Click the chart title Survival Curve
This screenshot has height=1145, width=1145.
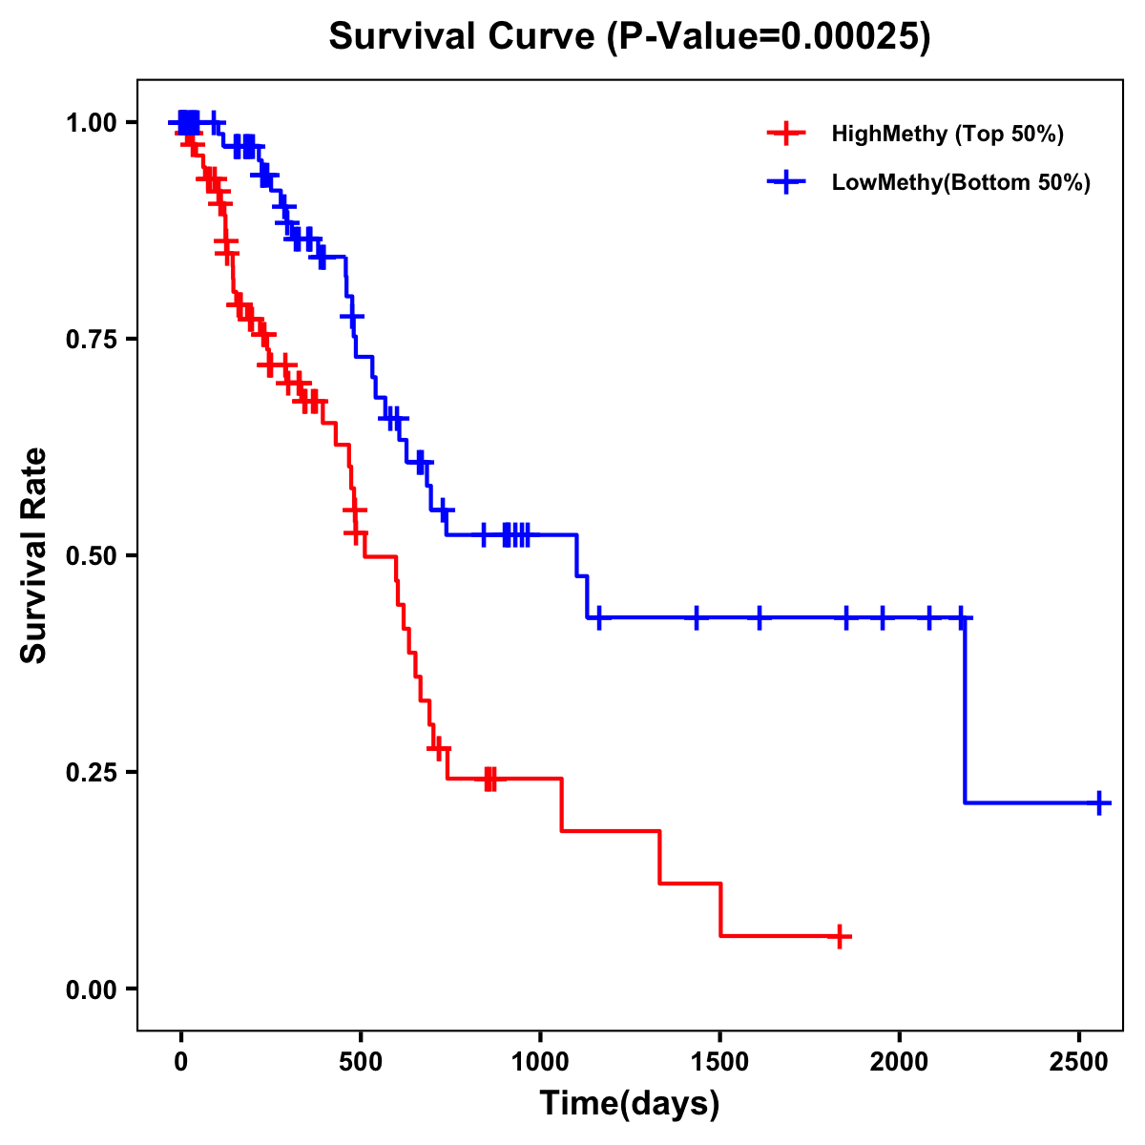(629, 36)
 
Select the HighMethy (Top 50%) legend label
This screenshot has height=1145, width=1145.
(947, 134)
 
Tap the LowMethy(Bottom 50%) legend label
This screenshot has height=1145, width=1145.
(961, 183)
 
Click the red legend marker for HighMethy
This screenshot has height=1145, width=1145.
(786, 134)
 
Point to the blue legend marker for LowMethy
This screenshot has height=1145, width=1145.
(786, 183)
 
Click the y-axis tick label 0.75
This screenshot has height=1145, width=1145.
(90, 339)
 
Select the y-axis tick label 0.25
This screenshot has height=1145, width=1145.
(90, 772)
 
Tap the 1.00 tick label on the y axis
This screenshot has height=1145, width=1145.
(90, 122)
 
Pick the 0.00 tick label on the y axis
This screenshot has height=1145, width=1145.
(90, 989)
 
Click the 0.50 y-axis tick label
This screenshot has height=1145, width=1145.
(90, 555)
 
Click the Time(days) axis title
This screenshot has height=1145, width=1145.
(630, 1104)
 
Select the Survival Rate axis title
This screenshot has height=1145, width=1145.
(34, 554)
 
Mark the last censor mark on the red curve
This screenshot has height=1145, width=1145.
(839, 937)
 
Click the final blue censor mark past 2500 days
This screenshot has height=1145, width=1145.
(1099, 802)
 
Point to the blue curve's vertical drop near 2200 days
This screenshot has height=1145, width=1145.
(966, 711)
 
